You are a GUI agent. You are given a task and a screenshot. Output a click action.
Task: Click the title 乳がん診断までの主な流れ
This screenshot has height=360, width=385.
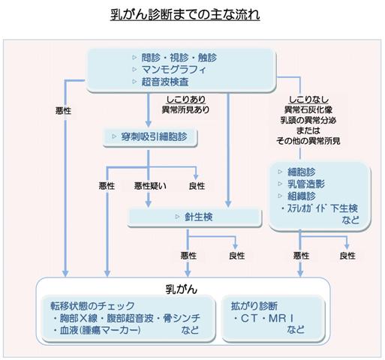coord(185,15)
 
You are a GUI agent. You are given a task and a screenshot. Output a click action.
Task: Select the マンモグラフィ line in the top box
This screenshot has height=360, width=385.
coord(174,70)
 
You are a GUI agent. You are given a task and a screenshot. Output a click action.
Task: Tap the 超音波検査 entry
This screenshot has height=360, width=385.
coord(165,82)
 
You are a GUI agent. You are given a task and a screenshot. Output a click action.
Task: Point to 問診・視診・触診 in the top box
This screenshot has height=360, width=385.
coord(179,58)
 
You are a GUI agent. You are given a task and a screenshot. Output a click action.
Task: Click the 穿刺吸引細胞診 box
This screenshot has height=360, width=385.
coord(150,137)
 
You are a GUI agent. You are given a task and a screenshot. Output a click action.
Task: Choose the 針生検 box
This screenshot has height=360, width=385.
coord(194,217)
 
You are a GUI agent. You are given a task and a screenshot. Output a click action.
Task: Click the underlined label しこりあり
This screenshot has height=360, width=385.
coord(185,100)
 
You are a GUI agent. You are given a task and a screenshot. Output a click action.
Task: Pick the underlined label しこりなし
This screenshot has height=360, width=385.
coord(308,100)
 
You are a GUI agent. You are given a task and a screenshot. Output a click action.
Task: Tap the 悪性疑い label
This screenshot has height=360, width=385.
coord(150,186)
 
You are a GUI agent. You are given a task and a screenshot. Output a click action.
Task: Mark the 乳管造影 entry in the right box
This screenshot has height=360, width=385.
coord(306,184)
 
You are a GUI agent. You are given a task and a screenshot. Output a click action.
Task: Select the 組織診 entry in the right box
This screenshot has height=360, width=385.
coord(302,196)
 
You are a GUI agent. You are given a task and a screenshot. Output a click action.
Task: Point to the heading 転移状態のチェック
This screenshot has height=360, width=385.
coord(92,306)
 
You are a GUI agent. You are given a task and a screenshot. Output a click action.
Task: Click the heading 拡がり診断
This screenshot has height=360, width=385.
coord(254,306)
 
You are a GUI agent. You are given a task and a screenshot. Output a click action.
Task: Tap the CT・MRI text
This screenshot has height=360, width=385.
coord(263,318)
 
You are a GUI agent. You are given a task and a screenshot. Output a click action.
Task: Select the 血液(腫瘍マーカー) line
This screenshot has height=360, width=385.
coord(96,330)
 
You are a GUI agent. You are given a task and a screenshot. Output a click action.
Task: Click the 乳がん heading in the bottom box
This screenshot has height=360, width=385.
coord(182,289)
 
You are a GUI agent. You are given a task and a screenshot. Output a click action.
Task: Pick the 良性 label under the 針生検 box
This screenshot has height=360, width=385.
coord(236,256)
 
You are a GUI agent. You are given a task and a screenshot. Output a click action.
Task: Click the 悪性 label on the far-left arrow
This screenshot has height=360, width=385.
coord(63,110)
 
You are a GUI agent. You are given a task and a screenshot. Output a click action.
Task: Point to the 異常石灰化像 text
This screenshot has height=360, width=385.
coord(308,109)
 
